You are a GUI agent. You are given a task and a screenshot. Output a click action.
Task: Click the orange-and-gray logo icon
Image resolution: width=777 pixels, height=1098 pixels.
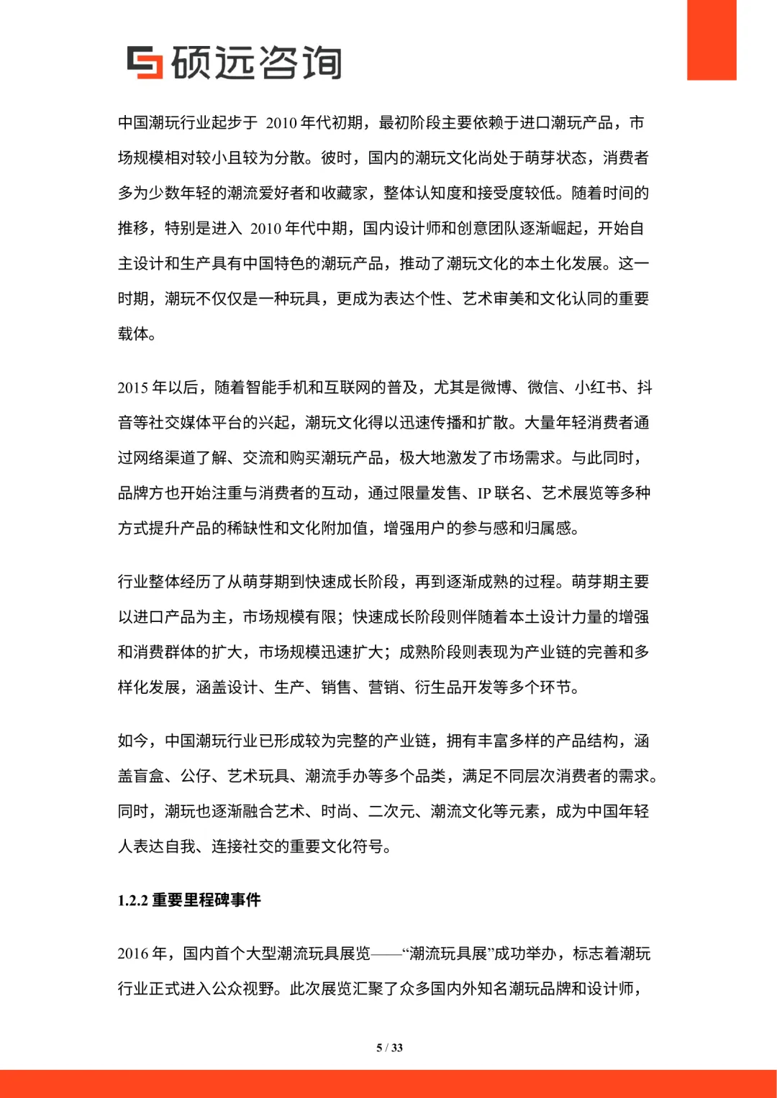coord(145,62)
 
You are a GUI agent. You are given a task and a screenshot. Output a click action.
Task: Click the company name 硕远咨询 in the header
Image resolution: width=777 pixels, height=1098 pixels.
coord(256,63)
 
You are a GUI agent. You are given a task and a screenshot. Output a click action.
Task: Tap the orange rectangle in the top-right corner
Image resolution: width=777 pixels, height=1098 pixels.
coord(712,40)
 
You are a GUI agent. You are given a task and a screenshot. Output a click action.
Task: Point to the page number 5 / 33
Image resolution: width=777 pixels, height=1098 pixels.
coord(389,1048)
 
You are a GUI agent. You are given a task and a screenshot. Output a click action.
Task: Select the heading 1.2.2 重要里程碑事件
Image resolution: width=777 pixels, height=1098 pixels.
coord(189,900)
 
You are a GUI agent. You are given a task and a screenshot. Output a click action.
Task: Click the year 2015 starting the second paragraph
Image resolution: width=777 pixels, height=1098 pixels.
coord(133,388)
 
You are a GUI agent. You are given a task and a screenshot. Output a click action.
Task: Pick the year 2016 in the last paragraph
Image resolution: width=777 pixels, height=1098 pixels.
coord(133,953)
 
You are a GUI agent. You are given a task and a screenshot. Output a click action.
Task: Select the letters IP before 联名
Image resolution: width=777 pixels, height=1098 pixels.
coord(484,493)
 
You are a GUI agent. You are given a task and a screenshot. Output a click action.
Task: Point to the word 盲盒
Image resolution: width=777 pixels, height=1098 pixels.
coord(149,776)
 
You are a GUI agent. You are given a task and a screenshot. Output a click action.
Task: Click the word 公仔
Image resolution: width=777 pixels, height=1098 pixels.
coord(196,776)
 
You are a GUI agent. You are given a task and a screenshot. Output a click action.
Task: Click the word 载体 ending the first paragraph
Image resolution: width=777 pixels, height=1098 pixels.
coord(133,334)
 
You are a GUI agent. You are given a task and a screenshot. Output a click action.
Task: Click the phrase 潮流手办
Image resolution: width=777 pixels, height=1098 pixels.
coord(336,776)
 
